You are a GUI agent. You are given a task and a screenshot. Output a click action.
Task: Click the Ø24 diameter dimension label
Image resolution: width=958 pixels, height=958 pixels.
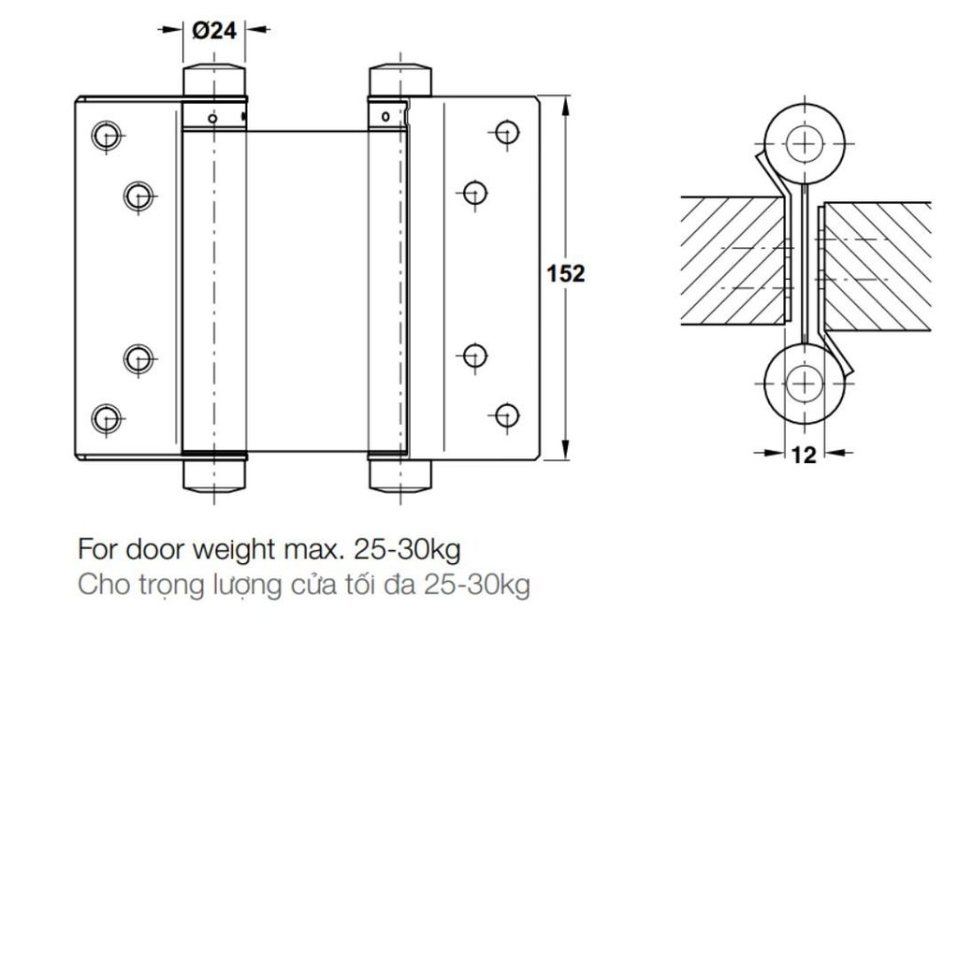tap(213, 30)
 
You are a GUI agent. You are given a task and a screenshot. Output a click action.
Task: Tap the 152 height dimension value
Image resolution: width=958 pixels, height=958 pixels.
tap(566, 274)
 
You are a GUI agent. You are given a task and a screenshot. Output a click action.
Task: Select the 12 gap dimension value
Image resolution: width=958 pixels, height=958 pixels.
tap(804, 455)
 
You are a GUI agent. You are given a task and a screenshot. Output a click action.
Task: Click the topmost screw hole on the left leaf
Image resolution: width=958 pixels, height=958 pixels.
tap(107, 134)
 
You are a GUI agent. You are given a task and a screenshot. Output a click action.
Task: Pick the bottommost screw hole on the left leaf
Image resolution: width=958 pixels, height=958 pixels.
tap(107, 417)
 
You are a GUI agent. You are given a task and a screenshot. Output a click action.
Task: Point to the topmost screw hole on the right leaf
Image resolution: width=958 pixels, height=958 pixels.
tap(506, 132)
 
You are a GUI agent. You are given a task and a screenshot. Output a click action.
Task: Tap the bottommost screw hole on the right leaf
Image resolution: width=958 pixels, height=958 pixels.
tap(506, 413)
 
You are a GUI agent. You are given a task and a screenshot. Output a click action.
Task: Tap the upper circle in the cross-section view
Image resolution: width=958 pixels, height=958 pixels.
tap(802, 144)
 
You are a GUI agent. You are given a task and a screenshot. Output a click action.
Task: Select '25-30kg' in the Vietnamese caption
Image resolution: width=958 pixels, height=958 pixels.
tap(476, 587)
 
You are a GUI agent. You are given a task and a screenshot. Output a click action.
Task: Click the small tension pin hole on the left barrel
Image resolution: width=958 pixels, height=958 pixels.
tap(213, 118)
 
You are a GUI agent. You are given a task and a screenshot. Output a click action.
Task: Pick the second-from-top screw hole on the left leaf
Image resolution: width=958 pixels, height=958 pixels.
tap(138, 195)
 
